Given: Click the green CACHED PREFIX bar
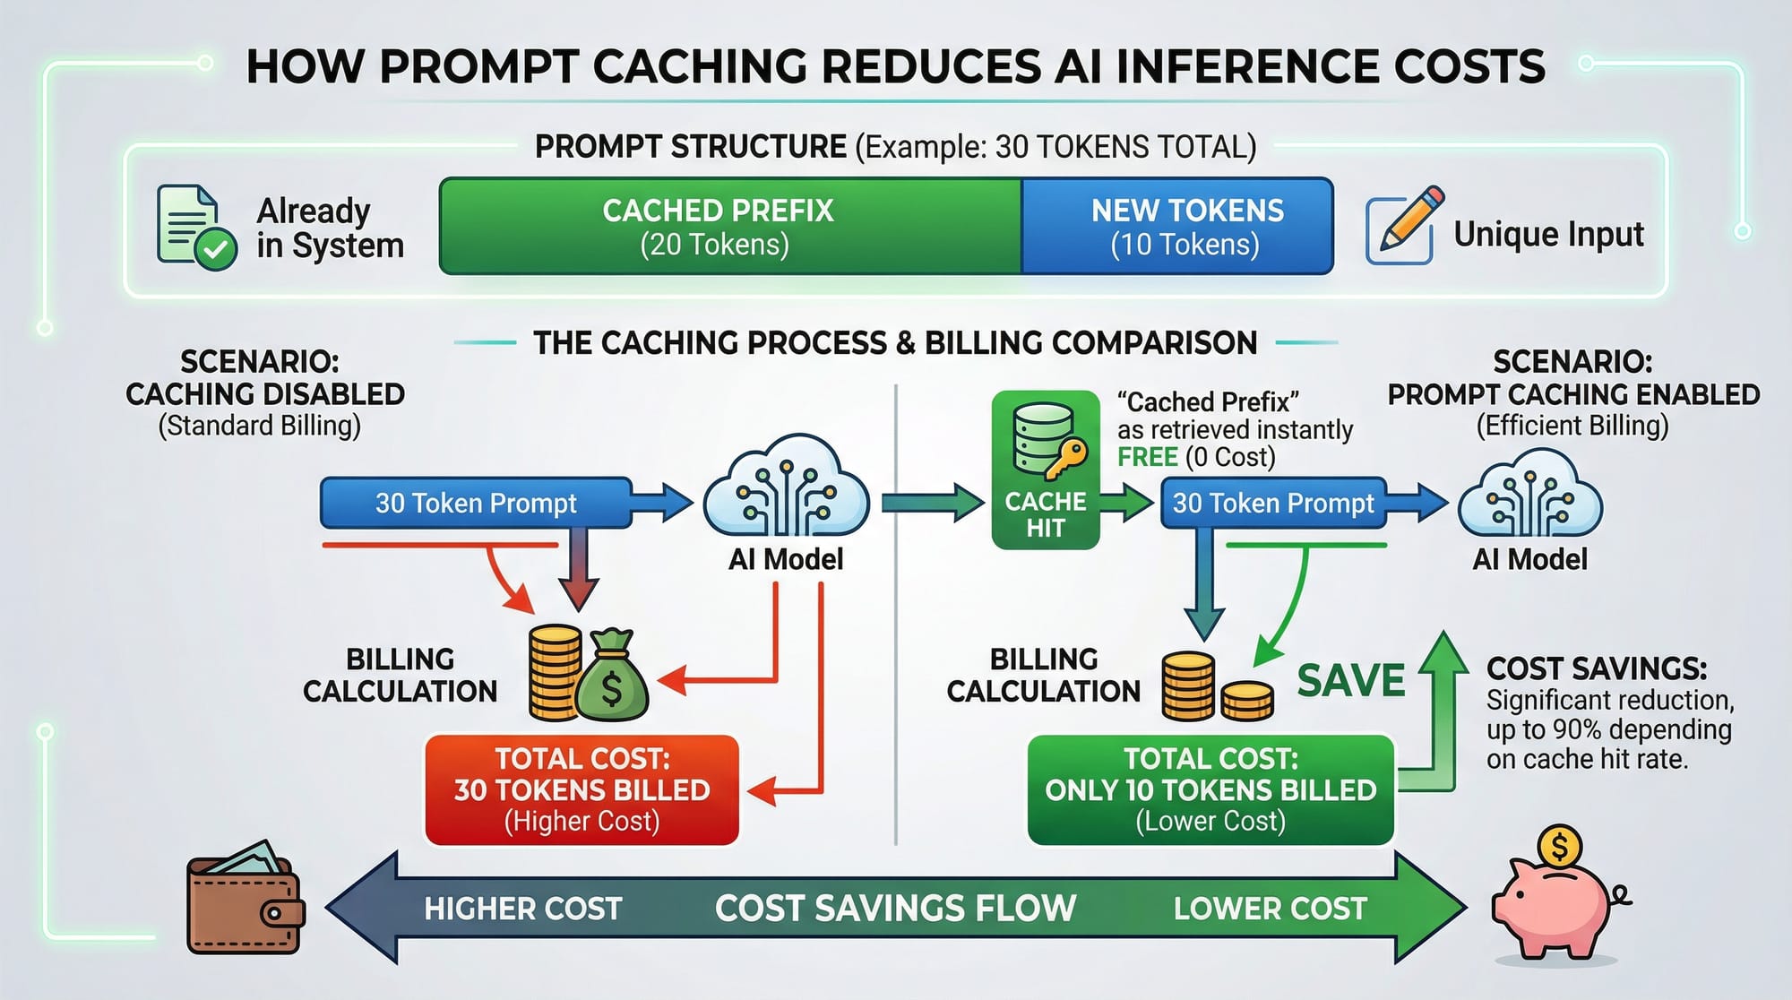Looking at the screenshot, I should tap(729, 226).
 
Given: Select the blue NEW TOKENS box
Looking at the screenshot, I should tap(1177, 226).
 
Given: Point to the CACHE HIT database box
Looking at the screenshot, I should tap(1045, 470).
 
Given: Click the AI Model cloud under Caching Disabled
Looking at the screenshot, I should tap(786, 488).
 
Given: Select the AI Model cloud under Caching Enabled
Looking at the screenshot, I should tap(1529, 496).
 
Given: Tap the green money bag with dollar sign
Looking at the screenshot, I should tap(612, 677).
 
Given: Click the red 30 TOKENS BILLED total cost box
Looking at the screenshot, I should tap(582, 789).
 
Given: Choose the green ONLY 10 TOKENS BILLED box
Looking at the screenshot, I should tap(1210, 789).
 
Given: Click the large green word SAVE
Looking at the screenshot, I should tap(1350, 681).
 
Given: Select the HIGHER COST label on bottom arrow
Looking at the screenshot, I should tap(522, 909).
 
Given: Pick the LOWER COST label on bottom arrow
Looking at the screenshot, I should tap(1270, 909).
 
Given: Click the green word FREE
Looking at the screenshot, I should tap(1147, 457).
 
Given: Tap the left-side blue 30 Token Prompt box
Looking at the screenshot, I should tap(476, 503).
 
